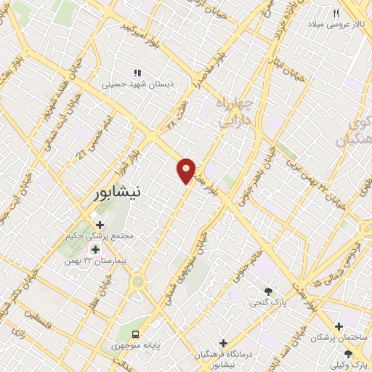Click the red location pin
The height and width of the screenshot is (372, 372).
click(x=187, y=169)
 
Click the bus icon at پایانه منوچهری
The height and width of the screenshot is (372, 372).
click(x=136, y=335)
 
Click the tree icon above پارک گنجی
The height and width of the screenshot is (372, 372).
click(x=272, y=291)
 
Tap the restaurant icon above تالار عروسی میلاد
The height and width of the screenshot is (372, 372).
click(x=336, y=13)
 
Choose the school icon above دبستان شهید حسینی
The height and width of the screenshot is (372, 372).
click(x=137, y=73)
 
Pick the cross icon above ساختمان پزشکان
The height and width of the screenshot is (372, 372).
click(x=339, y=327)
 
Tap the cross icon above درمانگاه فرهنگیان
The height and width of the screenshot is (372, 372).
click(x=223, y=342)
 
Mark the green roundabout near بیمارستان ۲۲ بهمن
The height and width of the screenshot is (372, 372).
click(x=138, y=282)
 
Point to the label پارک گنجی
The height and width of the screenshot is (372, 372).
click(x=266, y=302)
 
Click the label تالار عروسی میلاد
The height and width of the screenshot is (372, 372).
click(x=336, y=25)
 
